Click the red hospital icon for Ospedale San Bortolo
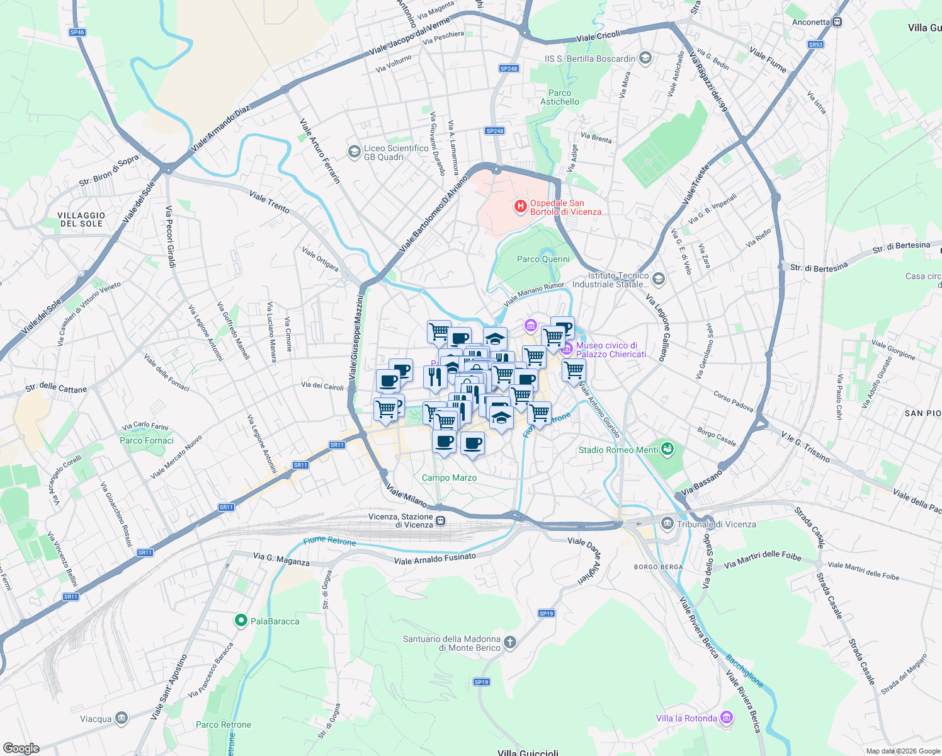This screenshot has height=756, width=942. (x=521, y=206)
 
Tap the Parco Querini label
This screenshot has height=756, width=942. (x=543, y=259)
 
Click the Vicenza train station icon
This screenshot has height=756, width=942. (x=441, y=521)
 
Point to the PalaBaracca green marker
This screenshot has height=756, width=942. (x=241, y=621)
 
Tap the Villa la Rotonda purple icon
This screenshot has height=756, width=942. (x=726, y=718)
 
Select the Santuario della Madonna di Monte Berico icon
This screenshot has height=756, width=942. (x=510, y=643)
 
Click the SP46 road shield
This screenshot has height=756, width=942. (x=77, y=32)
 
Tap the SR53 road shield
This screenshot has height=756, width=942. (x=815, y=45)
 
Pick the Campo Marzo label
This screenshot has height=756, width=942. (x=449, y=478)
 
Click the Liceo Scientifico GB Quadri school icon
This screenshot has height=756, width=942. (x=355, y=151)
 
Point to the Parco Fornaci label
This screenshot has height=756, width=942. (x=147, y=440)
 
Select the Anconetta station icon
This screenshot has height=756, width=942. (x=837, y=22)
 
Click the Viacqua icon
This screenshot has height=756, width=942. (x=122, y=718)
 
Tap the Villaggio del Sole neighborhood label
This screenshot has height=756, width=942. (x=82, y=219)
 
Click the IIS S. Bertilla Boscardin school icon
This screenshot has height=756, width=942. (x=645, y=59)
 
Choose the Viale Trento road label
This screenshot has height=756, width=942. (x=270, y=202)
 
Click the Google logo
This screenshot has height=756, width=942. (x=21, y=748)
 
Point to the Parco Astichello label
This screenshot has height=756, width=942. (x=559, y=97)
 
